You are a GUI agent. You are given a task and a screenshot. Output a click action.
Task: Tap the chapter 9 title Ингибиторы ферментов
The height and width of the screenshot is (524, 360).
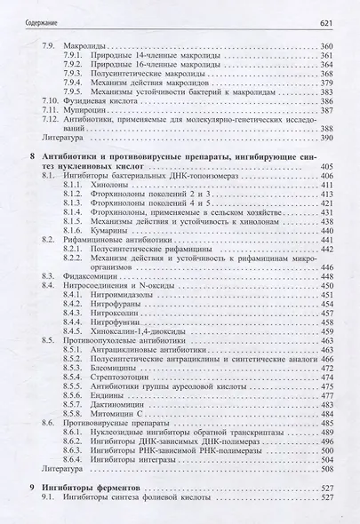[x=97, y=488]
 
